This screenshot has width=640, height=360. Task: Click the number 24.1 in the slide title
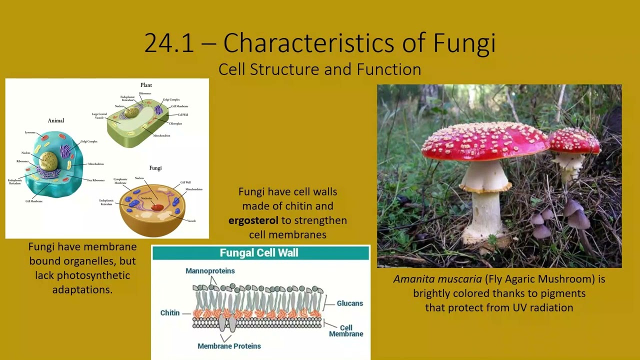click(168, 43)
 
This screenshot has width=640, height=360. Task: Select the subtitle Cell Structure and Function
click(319, 69)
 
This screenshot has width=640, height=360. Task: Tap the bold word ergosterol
click(253, 220)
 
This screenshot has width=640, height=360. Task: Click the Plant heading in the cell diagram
click(146, 85)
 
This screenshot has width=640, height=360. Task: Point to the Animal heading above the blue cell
click(56, 120)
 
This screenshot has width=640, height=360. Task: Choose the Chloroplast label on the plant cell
click(175, 123)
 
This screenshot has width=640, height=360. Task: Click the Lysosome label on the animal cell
click(30, 132)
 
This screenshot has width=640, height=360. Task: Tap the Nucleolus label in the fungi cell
click(146, 198)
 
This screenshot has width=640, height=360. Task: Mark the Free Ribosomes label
click(95, 180)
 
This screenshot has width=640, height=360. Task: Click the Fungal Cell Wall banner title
click(259, 253)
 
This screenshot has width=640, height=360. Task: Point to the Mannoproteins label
click(210, 271)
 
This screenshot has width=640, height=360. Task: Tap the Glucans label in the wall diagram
click(349, 303)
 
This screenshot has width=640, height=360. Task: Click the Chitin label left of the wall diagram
click(169, 313)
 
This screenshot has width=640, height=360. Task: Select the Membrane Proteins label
click(229, 346)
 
